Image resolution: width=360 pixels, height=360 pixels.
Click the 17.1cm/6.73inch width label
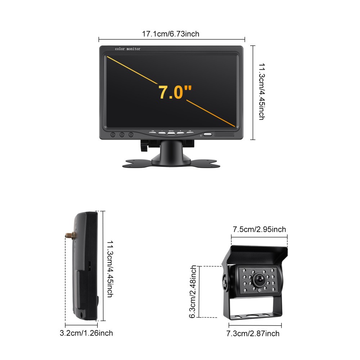pos(171,34)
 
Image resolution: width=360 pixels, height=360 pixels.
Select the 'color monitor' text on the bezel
pos(127,49)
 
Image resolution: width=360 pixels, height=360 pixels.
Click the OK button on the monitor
pos(190,132)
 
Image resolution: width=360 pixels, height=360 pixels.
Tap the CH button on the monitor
pos(153,132)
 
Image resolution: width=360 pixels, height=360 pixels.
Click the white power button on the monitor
pos(208,135)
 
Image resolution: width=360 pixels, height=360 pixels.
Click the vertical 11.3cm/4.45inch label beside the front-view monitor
pos(262,92)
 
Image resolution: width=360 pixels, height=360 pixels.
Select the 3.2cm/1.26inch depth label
pos(86,333)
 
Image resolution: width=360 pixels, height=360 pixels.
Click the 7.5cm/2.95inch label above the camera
pos(259,229)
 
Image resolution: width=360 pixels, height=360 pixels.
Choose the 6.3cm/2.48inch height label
pos(193,292)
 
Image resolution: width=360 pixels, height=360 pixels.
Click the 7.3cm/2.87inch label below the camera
pos(253,334)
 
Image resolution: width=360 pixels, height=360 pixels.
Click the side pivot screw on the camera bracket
pos(225,283)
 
